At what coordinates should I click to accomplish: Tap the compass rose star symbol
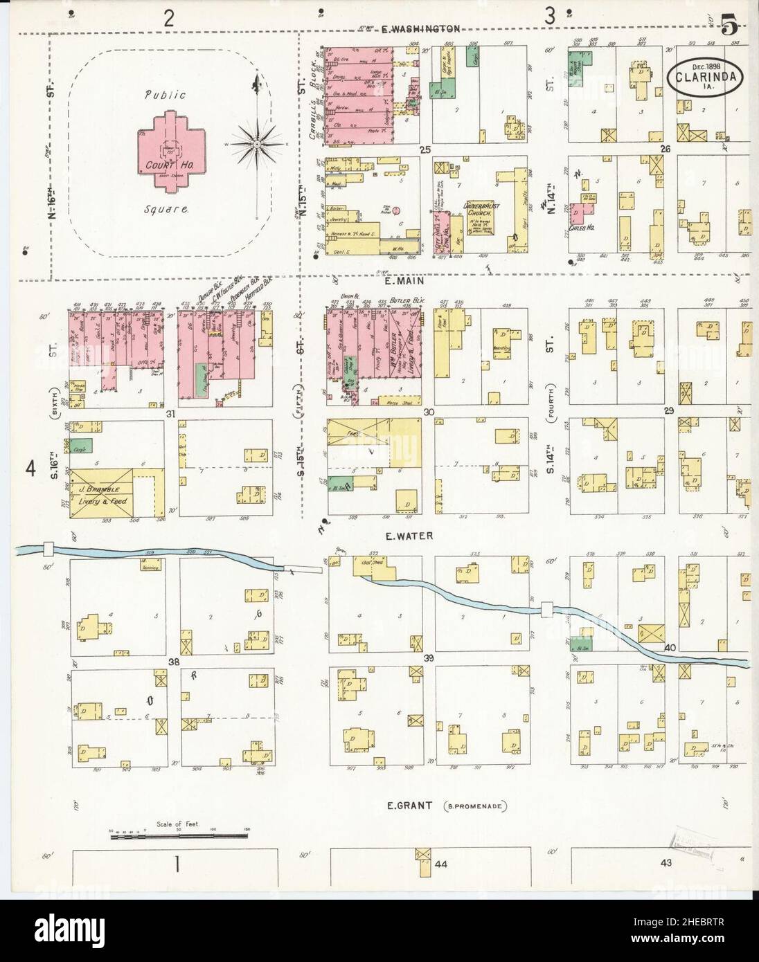pos(256,144)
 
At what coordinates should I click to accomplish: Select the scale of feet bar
pos(179,837)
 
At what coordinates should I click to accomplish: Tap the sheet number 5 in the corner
pos(729,28)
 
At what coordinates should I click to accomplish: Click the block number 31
pos(170,414)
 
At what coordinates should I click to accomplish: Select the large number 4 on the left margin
pos(30,469)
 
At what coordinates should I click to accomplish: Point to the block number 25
pos(425,149)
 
